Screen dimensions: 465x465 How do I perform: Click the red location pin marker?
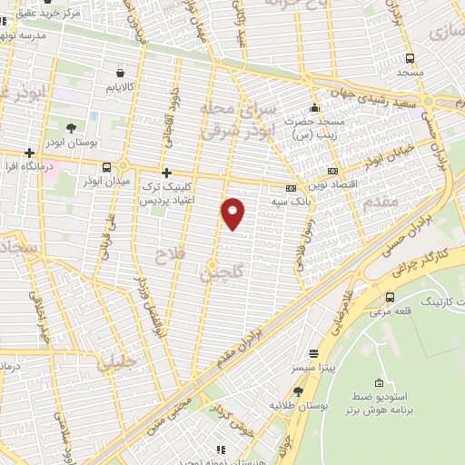pos(233,213)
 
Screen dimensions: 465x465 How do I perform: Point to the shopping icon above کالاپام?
pos(121,72)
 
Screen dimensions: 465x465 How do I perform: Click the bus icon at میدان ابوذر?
pos(108,167)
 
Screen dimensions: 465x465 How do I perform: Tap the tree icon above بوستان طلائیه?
pos(298,391)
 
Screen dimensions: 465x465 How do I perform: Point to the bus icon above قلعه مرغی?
pos(390,298)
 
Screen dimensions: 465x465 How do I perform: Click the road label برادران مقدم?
pos(262,332)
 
